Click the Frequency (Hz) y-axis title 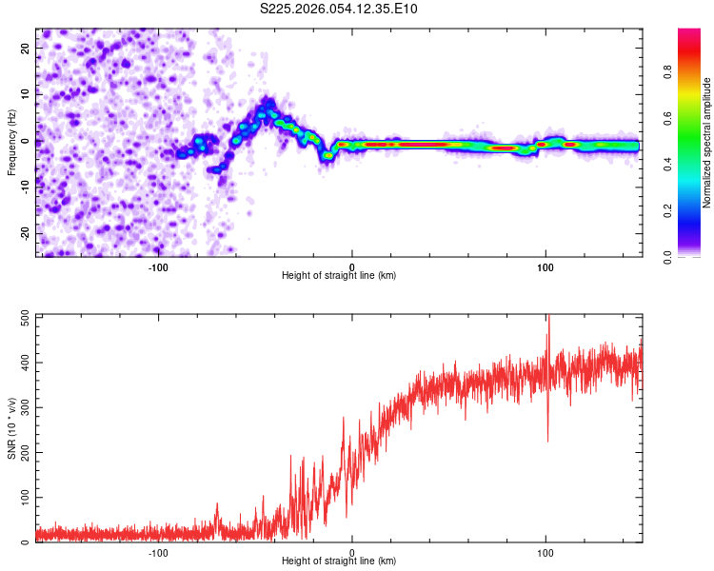click(x=11, y=140)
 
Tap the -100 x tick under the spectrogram click(x=158, y=266)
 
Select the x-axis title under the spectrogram click(x=339, y=276)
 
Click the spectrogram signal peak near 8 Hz click(x=268, y=103)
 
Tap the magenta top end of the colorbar click(x=688, y=32)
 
